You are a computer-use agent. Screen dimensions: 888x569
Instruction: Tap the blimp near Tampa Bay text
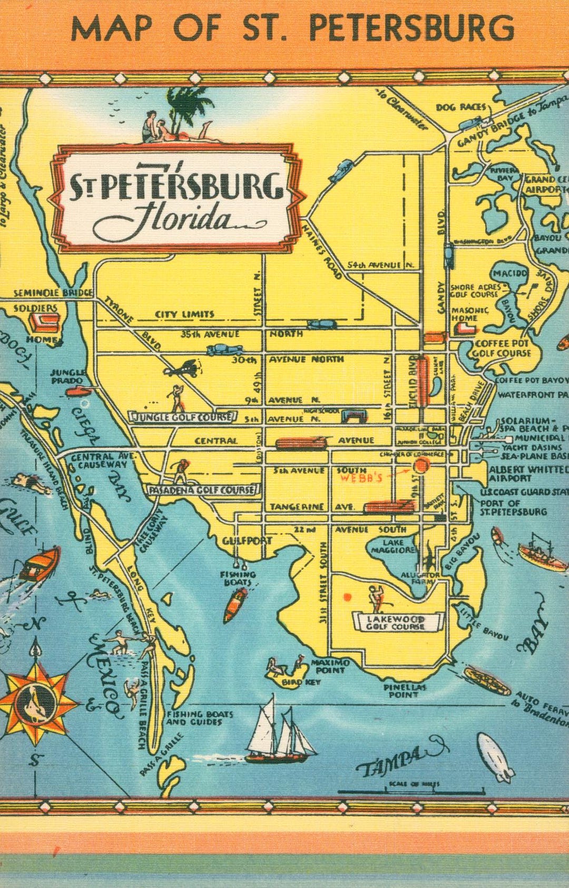(495, 757)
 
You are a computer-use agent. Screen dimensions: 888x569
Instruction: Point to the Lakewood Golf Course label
(396, 623)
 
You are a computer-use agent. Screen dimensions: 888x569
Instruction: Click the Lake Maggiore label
(393, 546)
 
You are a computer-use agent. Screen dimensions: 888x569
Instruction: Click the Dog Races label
(460, 107)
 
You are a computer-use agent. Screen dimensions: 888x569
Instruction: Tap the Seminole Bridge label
(53, 292)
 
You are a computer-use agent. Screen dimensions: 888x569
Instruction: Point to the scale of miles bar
(411, 791)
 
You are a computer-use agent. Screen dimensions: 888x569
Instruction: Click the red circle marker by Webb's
(421, 465)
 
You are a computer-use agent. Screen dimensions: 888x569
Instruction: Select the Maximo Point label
(330, 666)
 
